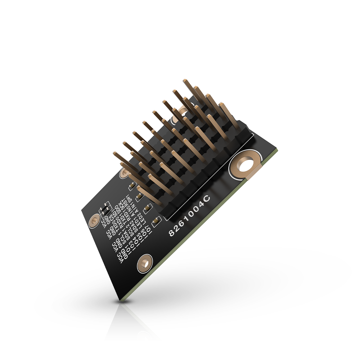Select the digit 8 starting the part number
(172, 233)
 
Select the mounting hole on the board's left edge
(94, 220)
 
